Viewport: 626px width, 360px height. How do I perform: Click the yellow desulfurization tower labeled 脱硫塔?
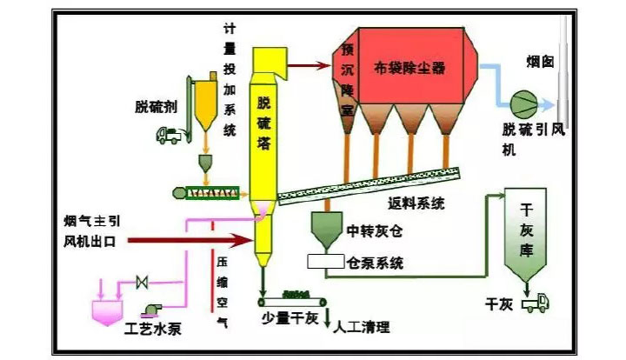coord(264,130)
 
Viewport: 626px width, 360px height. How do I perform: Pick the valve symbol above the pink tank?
coord(140,282)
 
